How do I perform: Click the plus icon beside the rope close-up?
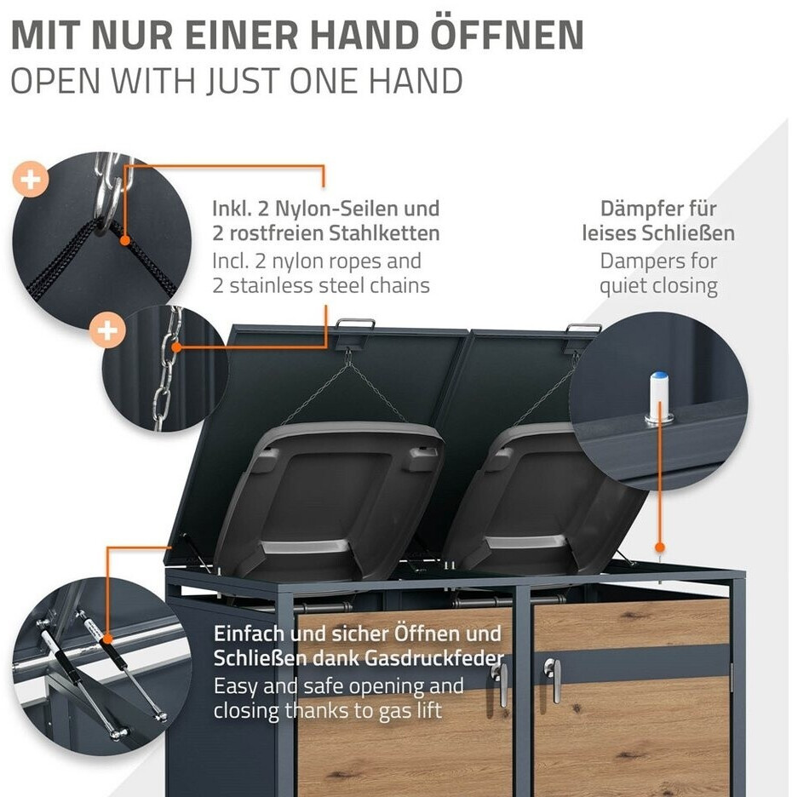pyautogui.click(x=31, y=180)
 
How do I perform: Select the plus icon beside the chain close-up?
pyautogui.click(x=107, y=331)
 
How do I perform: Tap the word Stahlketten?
pyautogui.click(x=384, y=233)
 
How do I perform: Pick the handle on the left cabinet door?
pyautogui.click(x=500, y=684)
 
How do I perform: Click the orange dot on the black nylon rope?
pyautogui.click(x=125, y=240)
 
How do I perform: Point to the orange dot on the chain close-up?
pyautogui.click(x=176, y=347)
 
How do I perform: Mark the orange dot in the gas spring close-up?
pyautogui.click(x=107, y=639)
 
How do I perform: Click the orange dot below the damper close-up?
pyautogui.click(x=660, y=548)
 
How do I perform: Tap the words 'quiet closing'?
pyautogui.click(x=658, y=286)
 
